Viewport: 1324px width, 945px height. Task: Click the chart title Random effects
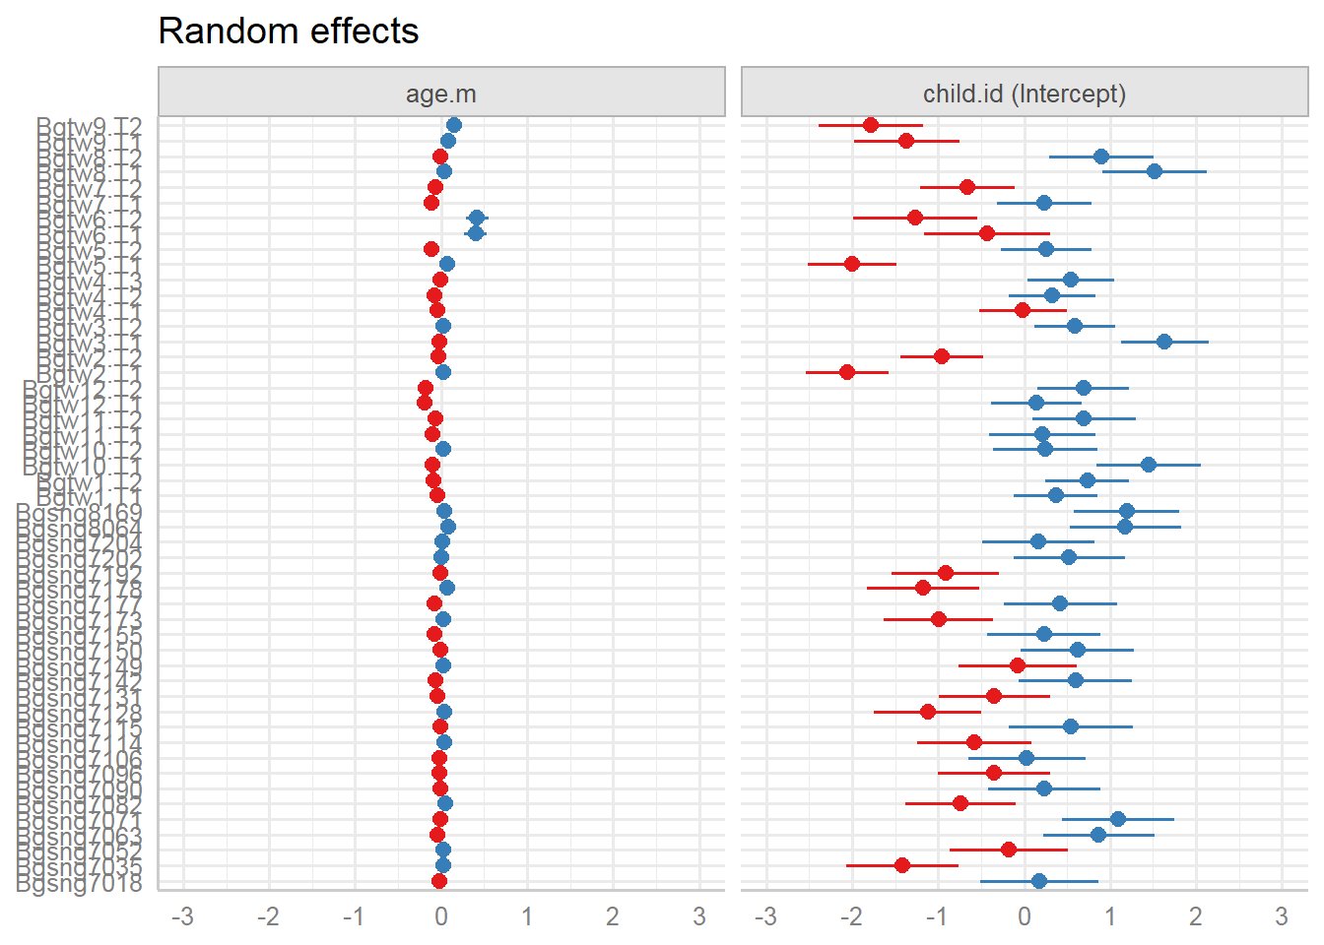point(288,31)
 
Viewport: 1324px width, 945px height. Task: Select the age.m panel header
point(441,94)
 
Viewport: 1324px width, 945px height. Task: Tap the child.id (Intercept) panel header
point(1025,94)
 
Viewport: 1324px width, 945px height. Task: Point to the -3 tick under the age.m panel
point(182,917)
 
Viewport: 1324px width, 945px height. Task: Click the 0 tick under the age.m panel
point(440,917)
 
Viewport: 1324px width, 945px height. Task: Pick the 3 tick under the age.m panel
point(698,917)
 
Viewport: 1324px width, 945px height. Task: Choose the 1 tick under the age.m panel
point(527,917)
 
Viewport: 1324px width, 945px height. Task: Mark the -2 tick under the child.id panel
point(851,917)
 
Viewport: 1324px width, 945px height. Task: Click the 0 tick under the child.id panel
point(1025,917)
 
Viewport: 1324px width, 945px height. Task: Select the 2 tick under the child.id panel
point(1196,917)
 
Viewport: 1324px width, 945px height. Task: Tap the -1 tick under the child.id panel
point(937,917)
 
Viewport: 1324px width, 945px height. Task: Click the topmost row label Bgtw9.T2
point(90,126)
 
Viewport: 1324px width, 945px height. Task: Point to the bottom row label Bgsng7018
point(79,882)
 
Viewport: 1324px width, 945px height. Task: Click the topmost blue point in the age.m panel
point(453,125)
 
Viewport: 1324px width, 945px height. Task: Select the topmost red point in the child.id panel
point(871,125)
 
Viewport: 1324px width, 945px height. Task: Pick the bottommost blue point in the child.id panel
point(1039,881)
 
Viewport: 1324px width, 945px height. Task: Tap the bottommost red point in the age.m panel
point(439,881)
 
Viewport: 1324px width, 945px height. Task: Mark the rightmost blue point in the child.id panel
point(1164,342)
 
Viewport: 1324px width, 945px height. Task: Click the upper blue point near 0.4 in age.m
point(477,218)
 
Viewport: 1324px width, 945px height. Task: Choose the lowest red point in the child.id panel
point(902,865)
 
